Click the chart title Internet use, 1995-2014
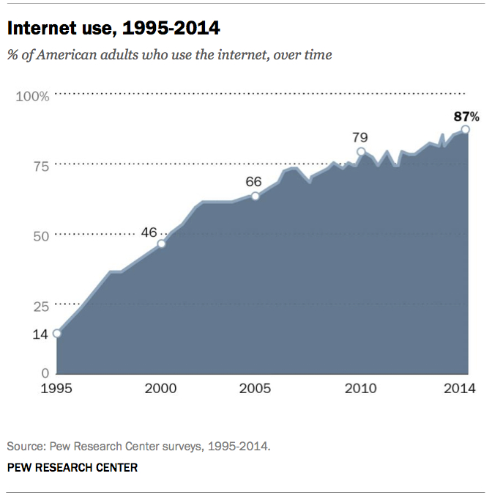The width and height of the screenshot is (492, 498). [x=113, y=29]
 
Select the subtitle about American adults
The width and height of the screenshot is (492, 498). [x=169, y=55]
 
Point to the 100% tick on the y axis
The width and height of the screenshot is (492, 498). [x=33, y=96]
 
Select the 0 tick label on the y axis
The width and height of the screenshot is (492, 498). [x=44, y=373]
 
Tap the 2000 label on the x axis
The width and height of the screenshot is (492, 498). [x=161, y=388]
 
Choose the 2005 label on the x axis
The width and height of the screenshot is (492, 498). [x=256, y=388]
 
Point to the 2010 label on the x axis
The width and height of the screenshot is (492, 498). [x=360, y=388]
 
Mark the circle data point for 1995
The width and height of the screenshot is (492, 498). [x=57, y=333]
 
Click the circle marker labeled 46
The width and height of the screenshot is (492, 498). [x=162, y=243]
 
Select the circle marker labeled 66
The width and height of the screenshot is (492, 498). [x=256, y=196]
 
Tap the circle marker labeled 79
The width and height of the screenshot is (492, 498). [x=360, y=152]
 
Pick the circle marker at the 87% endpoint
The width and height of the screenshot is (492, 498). [x=465, y=129]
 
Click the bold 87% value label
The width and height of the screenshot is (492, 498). [x=465, y=116]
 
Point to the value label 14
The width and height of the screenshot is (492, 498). [x=40, y=334]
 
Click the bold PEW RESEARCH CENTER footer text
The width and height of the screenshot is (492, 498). [x=72, y=466]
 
